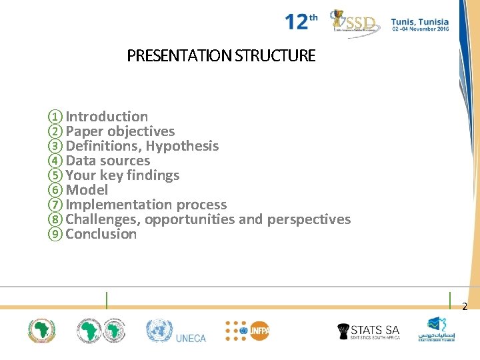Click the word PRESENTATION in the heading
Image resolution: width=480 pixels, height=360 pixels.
click(x=179, y=56)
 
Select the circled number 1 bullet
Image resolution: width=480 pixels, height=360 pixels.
click(x=55, y=117)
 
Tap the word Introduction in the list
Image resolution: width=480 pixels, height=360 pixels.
click(x=107, y=117)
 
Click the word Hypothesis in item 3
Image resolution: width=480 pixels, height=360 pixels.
click(x=182, y=146)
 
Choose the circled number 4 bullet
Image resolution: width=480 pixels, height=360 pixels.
click(x=55, y=161)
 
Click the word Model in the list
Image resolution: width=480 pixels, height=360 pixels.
click(x=87, y=190)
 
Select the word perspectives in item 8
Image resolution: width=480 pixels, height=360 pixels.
click(x=309, y=219)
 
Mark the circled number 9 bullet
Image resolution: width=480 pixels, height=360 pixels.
click(x=55, y=234)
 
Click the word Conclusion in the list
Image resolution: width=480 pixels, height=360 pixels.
click(x=101, y=234)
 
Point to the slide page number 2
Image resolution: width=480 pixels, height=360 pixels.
click(x=465, y=307)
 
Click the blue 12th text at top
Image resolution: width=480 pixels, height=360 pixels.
click(x=301, y=22)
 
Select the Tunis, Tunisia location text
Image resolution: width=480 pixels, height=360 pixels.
click(x=419, y=22)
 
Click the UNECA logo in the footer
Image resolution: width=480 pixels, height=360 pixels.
click(x=177, y=331)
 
